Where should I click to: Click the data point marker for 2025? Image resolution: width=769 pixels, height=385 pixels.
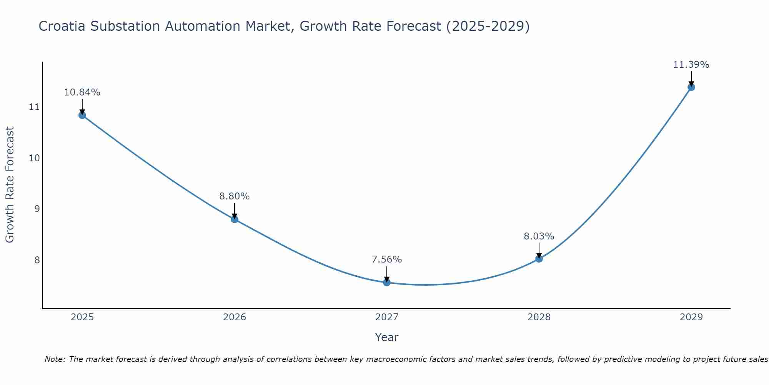tap(82, 115)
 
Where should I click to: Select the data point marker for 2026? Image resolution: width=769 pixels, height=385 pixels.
tap(235, 219)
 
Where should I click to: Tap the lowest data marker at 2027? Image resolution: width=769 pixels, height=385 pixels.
tap(387, 283)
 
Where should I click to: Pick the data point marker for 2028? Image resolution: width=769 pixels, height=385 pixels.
tap(539, 259)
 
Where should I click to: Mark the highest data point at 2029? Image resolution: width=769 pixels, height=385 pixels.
tap(691, 87)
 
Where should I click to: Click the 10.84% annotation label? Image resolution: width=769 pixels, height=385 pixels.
tap(82, 92)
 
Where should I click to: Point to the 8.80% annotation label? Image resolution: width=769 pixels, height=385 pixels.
tap(235, 196)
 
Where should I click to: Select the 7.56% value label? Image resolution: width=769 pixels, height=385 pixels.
tap(387, 259)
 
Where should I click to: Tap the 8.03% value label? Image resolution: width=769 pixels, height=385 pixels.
tap(539, 236)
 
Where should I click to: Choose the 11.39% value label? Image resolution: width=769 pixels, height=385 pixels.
tap(691, 65)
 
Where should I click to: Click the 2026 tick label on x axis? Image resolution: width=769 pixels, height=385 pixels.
tap(235, 317)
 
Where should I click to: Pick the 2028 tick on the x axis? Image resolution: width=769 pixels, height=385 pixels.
tap(539, 317)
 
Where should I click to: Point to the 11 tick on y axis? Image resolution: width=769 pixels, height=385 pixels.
tap(34, 107)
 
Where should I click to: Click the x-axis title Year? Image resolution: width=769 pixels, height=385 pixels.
tap(386, 337)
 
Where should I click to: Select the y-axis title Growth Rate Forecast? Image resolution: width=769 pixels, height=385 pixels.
tap(10, 184)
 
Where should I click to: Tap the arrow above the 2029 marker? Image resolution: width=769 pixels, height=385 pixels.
tap(691, 78)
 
